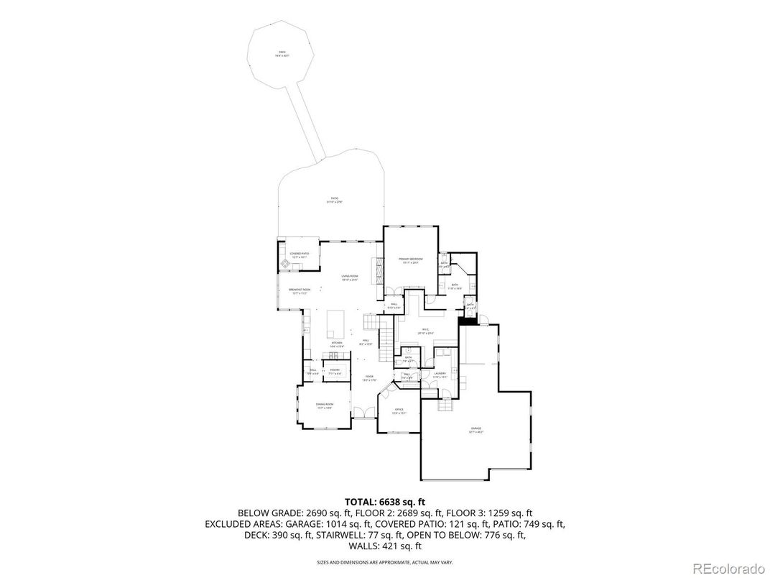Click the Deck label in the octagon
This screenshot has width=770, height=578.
282,54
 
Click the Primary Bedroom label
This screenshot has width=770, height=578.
411,260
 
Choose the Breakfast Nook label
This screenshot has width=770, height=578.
300,291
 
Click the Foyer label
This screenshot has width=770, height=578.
368,377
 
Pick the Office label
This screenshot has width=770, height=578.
399,411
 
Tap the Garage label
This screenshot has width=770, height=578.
476,430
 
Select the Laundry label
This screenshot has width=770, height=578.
440,374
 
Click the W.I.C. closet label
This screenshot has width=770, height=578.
426,331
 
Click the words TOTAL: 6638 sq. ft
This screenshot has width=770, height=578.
385,501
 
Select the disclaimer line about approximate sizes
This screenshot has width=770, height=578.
385,562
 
